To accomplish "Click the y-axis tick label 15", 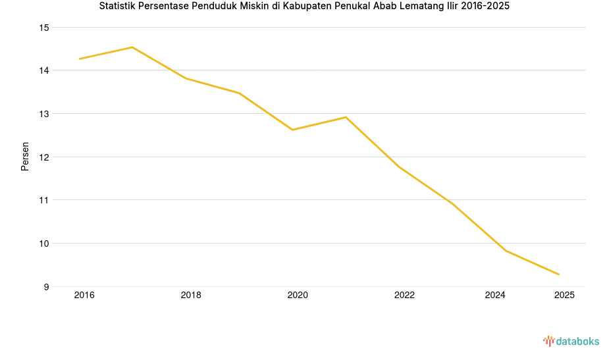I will click(x=44, y=28).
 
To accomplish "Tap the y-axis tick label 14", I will click(x=44, y=70).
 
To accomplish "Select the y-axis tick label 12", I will click(x=44, y=157).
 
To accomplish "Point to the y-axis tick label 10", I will click(x=44, y=244).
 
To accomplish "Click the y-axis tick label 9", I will click(x=46, y=287).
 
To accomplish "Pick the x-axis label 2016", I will click(x=84, y=296).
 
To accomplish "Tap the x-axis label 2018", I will click(x=191, y=296).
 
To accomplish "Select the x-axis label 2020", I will click(x=298, y=296).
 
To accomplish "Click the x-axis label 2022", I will click(x=404, y=296).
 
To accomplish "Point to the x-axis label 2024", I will click(x=494, y=296).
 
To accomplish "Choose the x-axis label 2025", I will click(x=564, y=296).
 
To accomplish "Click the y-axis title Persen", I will click(x=25, y=156).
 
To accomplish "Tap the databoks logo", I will click(x=571, y=341).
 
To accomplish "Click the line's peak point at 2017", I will click(x=132, y=47).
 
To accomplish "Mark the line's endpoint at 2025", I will click(x=559, y=274).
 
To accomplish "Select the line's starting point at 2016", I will click(x=80, y=59).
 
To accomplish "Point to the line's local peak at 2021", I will click(x=346, y=117).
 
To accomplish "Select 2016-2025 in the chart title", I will click(x=484, y=7).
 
